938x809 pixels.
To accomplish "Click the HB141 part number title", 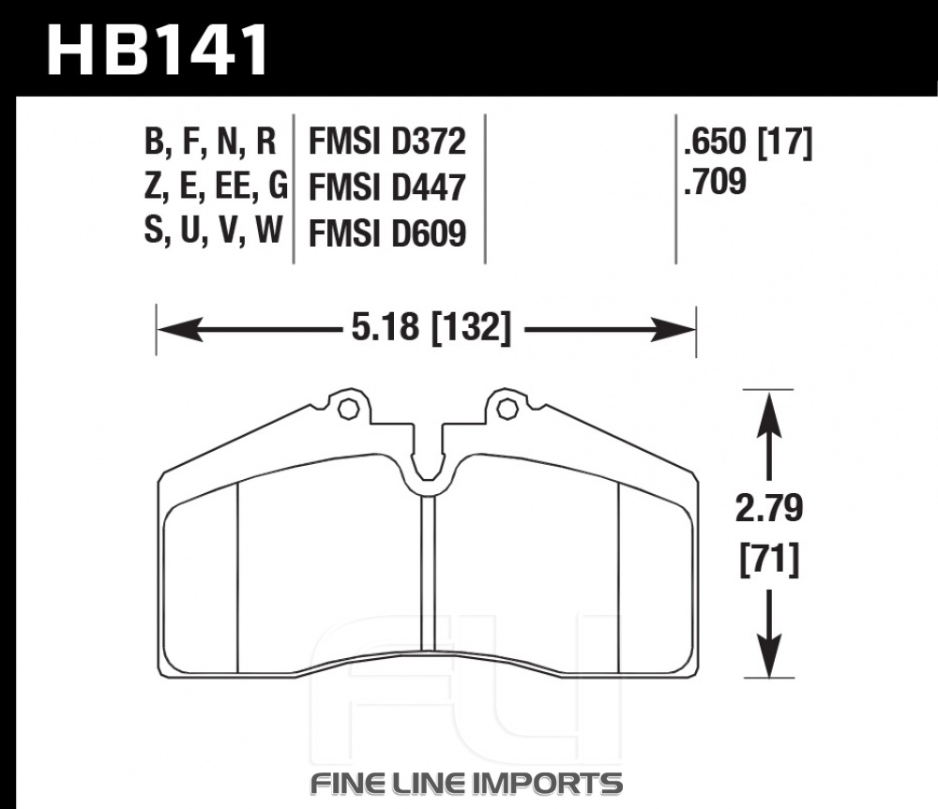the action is [158, 51].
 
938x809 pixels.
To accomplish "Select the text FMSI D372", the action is [387, 142].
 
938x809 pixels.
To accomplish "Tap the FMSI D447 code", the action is [387, 187].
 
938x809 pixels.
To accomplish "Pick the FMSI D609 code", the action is [387, 233].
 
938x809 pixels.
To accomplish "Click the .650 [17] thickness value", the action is [749, 142].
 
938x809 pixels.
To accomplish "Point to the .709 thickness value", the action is [716, 181].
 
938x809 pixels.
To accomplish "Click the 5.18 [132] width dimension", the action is [431, 328].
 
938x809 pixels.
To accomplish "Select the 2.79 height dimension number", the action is [769, 509].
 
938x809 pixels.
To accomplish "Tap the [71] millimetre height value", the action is [769, 560].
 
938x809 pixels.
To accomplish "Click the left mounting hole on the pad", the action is [348, 409].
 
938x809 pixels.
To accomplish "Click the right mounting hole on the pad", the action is [507, 409].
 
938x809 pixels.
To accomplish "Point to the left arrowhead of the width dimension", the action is [179, 329].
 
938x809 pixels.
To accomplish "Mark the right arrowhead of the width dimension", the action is [673, 329].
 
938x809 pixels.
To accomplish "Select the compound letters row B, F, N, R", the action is [210, 142].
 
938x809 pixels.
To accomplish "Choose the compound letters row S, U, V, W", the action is [213, 231].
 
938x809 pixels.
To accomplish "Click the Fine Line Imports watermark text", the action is [466, 783].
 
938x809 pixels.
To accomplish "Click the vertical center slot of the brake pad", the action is [428, 574].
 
